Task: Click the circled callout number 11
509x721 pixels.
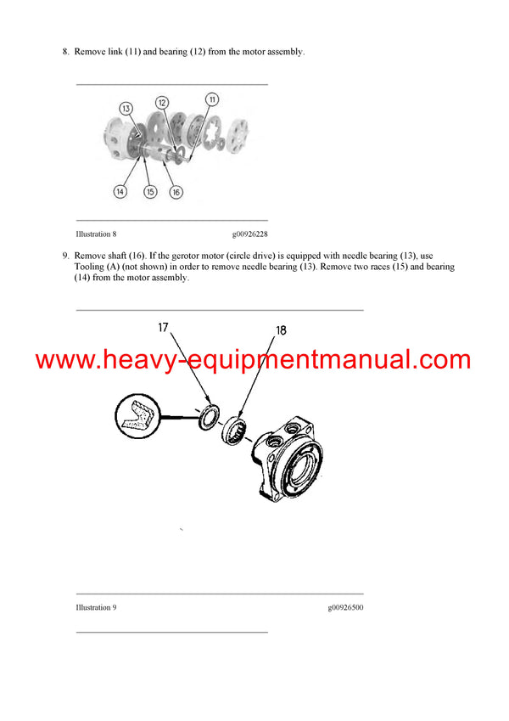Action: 212,100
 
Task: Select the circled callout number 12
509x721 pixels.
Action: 173,102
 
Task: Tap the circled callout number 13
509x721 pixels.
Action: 126,108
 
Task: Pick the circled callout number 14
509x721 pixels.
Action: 120,192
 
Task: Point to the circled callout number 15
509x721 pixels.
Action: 148,192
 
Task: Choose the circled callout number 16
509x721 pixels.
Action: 176,192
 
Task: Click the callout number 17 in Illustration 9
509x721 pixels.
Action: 164,327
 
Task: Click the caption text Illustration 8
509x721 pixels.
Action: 96,234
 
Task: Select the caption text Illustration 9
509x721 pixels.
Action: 96,607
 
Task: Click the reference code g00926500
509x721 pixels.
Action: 345,607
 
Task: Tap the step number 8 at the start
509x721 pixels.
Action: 65,53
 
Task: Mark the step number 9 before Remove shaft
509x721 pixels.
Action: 65,256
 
